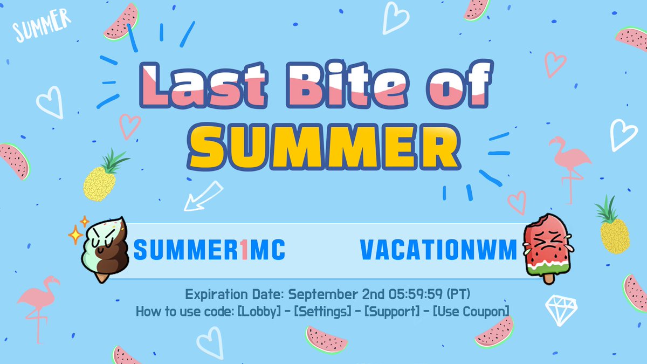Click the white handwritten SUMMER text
42,25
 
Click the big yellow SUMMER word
323,147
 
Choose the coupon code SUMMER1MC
209,250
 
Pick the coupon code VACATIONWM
438,250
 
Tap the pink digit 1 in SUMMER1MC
244,250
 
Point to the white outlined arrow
203,196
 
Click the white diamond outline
561,310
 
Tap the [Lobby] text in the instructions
259,312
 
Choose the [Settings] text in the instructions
322,312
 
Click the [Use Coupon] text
471,312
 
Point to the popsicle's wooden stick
549,278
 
